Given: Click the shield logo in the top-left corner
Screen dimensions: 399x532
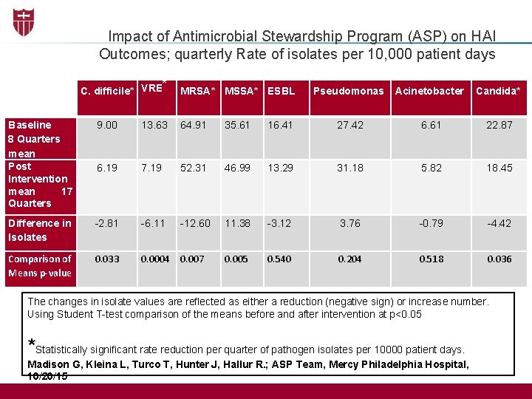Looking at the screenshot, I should point(23,22).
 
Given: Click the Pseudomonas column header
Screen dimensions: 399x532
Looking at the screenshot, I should point(349,91).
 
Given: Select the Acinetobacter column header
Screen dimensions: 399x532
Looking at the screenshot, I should point(429,91).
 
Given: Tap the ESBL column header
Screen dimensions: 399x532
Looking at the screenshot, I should point(281,91).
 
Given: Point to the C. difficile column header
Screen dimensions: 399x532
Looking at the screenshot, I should point(107,92).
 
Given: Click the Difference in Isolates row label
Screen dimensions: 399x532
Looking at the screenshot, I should point(39,230).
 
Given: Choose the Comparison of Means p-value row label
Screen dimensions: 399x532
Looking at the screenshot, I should point(39,266).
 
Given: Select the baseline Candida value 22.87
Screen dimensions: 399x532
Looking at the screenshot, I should point(499,125).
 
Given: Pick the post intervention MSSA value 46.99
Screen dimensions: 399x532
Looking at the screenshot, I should point(237,168).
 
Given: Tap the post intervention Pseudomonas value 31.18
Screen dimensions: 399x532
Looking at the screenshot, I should point(349,168).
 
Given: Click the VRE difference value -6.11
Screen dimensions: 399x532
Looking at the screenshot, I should point(154,223).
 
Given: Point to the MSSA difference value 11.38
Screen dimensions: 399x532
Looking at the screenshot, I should point(237,223).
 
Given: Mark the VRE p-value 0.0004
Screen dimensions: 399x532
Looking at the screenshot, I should point(154,259).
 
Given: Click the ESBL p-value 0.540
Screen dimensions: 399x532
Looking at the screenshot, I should point(279,259).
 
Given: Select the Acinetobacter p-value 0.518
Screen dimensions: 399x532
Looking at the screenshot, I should point(432,259).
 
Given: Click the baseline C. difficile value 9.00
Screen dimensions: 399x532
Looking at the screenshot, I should point(107,125).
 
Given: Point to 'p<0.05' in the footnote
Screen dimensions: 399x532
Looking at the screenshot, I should point(406,314).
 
